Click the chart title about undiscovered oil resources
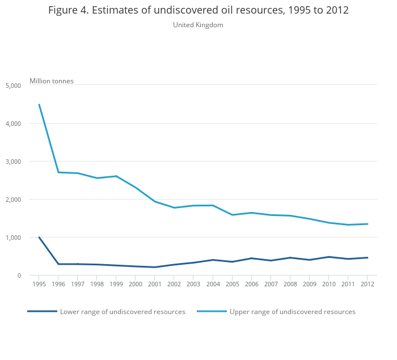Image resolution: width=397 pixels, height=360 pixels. click(198, 11)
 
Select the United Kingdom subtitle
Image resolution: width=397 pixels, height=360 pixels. click(198, 25)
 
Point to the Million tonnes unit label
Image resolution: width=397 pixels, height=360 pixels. click(52, 81)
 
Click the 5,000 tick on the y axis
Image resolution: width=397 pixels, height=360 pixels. click(13, 86)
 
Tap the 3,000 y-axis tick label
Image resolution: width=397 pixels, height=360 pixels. click(13, 162)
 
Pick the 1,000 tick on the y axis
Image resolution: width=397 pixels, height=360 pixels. click(13, 238)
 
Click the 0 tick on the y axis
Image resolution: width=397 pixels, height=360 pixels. click(19, 276)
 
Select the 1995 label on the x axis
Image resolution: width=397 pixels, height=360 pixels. click(39, 284)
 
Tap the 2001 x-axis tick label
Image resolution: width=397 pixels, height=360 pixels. click(155, 284)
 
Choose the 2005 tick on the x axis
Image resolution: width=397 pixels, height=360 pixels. click(232, 284)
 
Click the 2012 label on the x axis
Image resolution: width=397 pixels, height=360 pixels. click(367, 284)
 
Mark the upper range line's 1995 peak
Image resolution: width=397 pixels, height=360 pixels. click(39, 104)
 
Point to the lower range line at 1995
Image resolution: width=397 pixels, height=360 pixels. click(39, 238)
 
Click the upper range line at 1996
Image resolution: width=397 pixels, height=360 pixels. click(58, 172)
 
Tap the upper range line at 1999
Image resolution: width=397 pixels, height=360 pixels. click(116, 176)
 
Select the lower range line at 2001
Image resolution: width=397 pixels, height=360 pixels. click(155, 267)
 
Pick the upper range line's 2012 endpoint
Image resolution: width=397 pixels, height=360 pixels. click(367, 224)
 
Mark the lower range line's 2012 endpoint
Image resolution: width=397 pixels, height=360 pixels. click(367, 257)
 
